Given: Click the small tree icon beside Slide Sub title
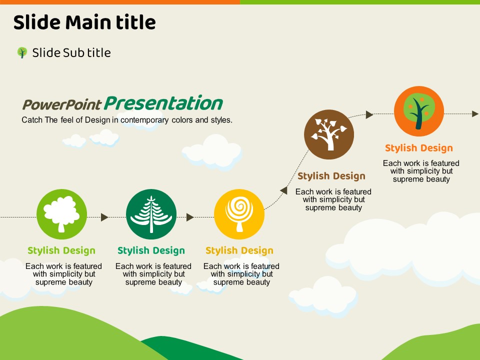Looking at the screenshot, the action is coord(22,52).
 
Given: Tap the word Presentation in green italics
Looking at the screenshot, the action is coord(163,103).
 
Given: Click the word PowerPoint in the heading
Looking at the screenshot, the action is coord(62,104).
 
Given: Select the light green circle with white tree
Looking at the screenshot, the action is coord(62,214).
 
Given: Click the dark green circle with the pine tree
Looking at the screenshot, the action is coord(151,214).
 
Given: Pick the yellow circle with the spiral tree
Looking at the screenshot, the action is coord(239,214).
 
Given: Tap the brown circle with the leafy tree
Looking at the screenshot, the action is coord(329,134).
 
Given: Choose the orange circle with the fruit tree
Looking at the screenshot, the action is coord(419,111).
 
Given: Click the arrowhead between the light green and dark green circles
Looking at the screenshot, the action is coord(104,217).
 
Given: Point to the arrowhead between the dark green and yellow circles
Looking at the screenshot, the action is coord(190,217).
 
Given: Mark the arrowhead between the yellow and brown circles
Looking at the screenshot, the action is coord(284,190).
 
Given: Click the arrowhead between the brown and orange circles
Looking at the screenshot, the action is coord(369,114).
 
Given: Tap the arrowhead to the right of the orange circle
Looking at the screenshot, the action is coord(475,114).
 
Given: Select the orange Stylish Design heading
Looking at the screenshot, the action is coord(419,148).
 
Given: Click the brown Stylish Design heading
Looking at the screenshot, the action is coord(331,176).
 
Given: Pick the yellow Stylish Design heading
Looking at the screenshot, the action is coord(239,250).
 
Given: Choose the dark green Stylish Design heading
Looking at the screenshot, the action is coord(151,250).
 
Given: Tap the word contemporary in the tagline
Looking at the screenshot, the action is coord(144,120).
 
